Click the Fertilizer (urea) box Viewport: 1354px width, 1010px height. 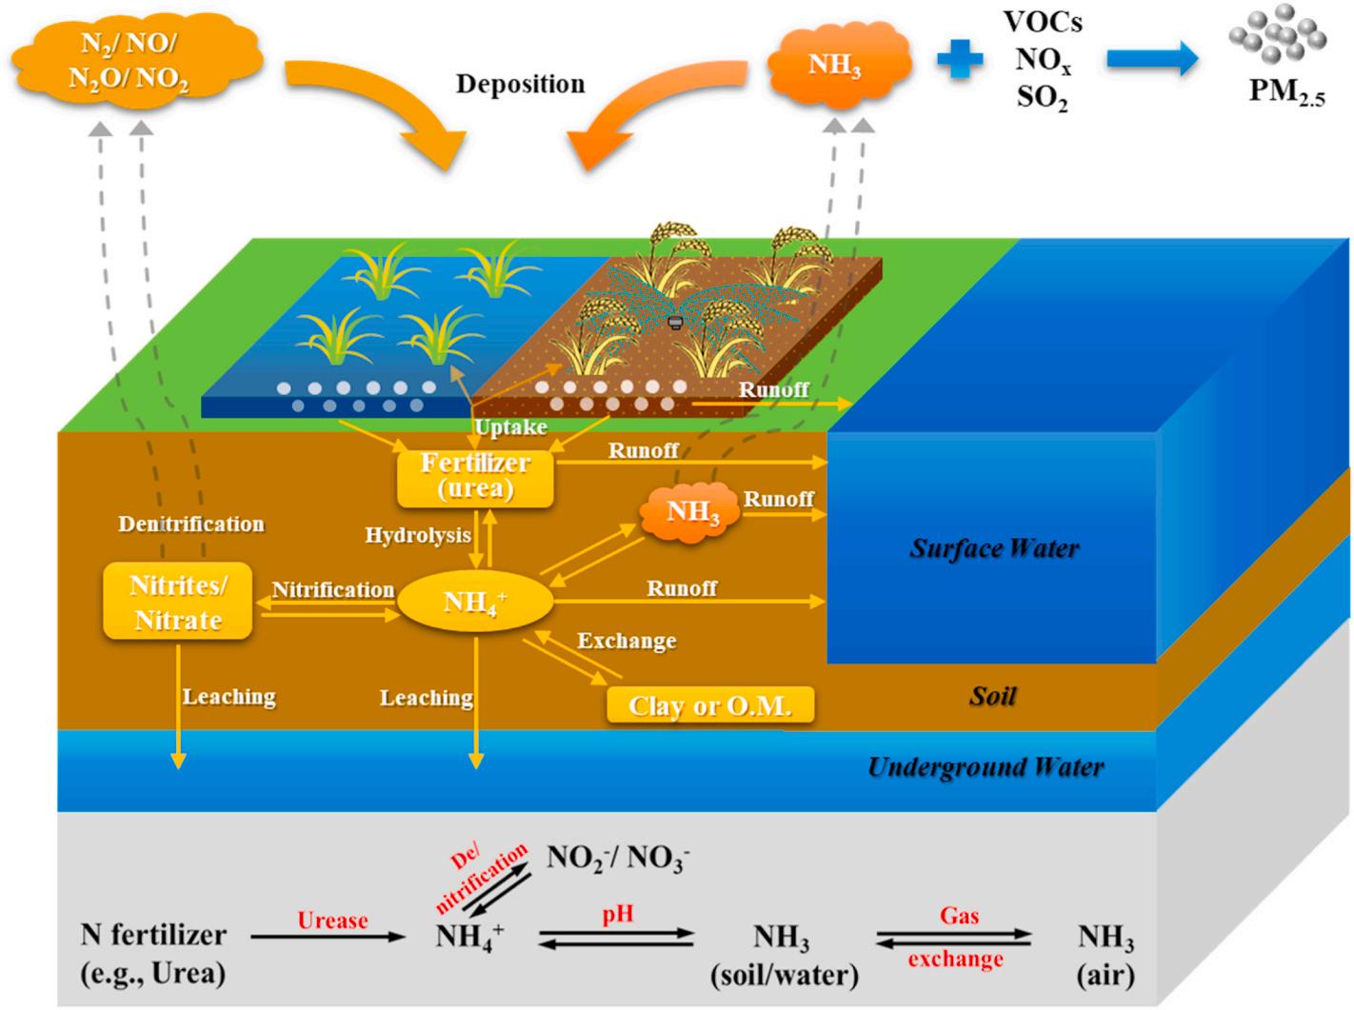tap(475, 476)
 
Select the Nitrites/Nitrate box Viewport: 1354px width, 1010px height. tap(178, 602)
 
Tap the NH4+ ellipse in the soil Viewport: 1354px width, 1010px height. tap(474, 602)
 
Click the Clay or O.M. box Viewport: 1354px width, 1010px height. tap(710, 705)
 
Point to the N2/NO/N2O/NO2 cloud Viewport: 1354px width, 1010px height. tap(129, 59)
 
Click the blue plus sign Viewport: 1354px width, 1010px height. tap(959, 59)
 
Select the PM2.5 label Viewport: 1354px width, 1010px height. tap(1286, 91)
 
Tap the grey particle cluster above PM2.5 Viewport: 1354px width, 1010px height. tap(1277, 38)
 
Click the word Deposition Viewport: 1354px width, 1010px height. tap(520, 84)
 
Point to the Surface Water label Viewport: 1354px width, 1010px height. tap(994, 548)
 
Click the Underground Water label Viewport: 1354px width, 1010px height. tap(986, 767)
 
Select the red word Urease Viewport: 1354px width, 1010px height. tap(332, 921)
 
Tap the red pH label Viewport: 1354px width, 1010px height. tap(617, 915)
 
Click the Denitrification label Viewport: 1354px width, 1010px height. tap(191, 525)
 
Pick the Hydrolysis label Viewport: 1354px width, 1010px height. tap(418, 536)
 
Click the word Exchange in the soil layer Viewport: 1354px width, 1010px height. tap(627, 641)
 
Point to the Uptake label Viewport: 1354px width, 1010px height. tap(511, 427)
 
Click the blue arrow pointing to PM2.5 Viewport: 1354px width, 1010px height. tap(1152, 59)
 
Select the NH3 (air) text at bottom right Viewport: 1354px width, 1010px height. tap(1105, 955)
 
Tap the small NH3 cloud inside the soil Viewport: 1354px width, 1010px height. tap(692, 512)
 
